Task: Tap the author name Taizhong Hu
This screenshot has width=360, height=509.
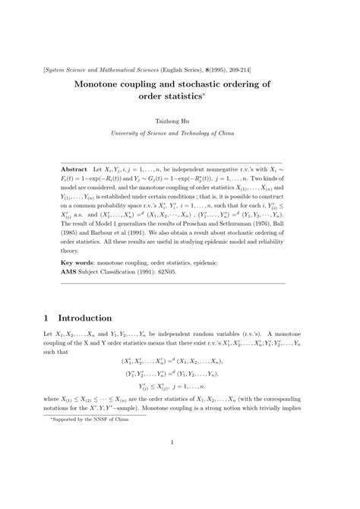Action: pyautogui.click(x=179, y=121)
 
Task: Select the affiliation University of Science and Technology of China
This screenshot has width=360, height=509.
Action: pyautogui.click(x=180, y=133)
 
